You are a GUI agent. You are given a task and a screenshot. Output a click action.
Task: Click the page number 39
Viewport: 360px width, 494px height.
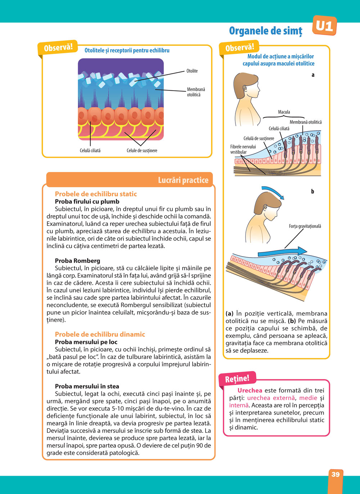[x=335, y=474]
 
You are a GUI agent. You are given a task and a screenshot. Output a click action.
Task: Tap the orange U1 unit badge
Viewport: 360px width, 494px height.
[x=324, y=26]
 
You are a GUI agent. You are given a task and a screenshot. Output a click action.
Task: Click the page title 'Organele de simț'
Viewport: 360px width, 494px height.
[x=266, y=31]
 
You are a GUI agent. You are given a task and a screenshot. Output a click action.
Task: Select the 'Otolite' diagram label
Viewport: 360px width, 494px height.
[x=192, y=71]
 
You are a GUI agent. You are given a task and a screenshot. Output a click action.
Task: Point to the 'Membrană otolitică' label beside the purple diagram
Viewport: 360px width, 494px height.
[x=196, y=92]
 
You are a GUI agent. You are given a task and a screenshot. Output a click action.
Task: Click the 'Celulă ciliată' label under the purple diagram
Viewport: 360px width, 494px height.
[x=90, y=150]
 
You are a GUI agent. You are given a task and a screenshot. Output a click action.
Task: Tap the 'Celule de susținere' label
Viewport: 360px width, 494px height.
[x=142, y=150]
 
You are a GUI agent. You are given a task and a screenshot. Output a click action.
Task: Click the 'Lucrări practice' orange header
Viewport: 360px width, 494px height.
[x=183, y=180]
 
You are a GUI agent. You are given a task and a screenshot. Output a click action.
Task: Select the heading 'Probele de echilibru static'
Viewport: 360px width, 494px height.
[x=96, y=194]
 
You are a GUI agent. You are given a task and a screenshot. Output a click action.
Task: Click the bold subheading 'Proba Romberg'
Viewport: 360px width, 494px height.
[x=77, y=260]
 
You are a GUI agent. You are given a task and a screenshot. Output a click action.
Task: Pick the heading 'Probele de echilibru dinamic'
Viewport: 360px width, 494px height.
[x=100, y=334]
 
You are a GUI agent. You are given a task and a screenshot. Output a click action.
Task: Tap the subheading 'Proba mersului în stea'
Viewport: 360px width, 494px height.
[x=87, y=386]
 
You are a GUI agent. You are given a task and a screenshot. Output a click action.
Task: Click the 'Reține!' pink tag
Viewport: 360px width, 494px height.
[x=237, y=379]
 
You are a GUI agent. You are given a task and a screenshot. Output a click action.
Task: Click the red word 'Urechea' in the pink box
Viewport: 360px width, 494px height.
[x=249, y=390]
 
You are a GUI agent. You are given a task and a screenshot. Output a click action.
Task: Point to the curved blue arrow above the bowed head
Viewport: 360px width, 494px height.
[x=273, y=192]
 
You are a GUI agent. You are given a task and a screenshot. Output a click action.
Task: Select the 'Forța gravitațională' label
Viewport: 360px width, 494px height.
[x=305, y=226]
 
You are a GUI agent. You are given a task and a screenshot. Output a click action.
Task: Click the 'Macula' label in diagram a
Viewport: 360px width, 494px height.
[x=284, y=112]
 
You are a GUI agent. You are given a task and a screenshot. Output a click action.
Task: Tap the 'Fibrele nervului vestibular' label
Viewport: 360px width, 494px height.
[x=243, y=149]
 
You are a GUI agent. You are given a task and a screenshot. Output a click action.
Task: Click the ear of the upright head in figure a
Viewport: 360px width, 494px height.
[x=245, y=87]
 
